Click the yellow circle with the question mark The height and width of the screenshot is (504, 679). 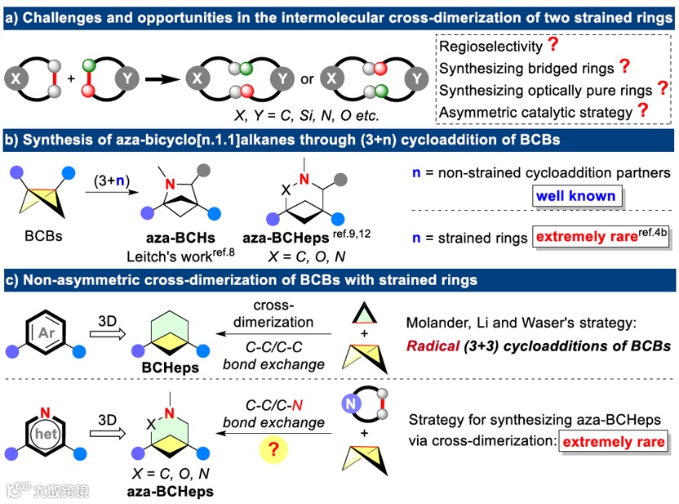(x=273, y=450)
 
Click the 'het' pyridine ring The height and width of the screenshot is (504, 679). (x=46, y=434)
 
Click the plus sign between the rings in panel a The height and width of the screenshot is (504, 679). (x=71, y=79)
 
